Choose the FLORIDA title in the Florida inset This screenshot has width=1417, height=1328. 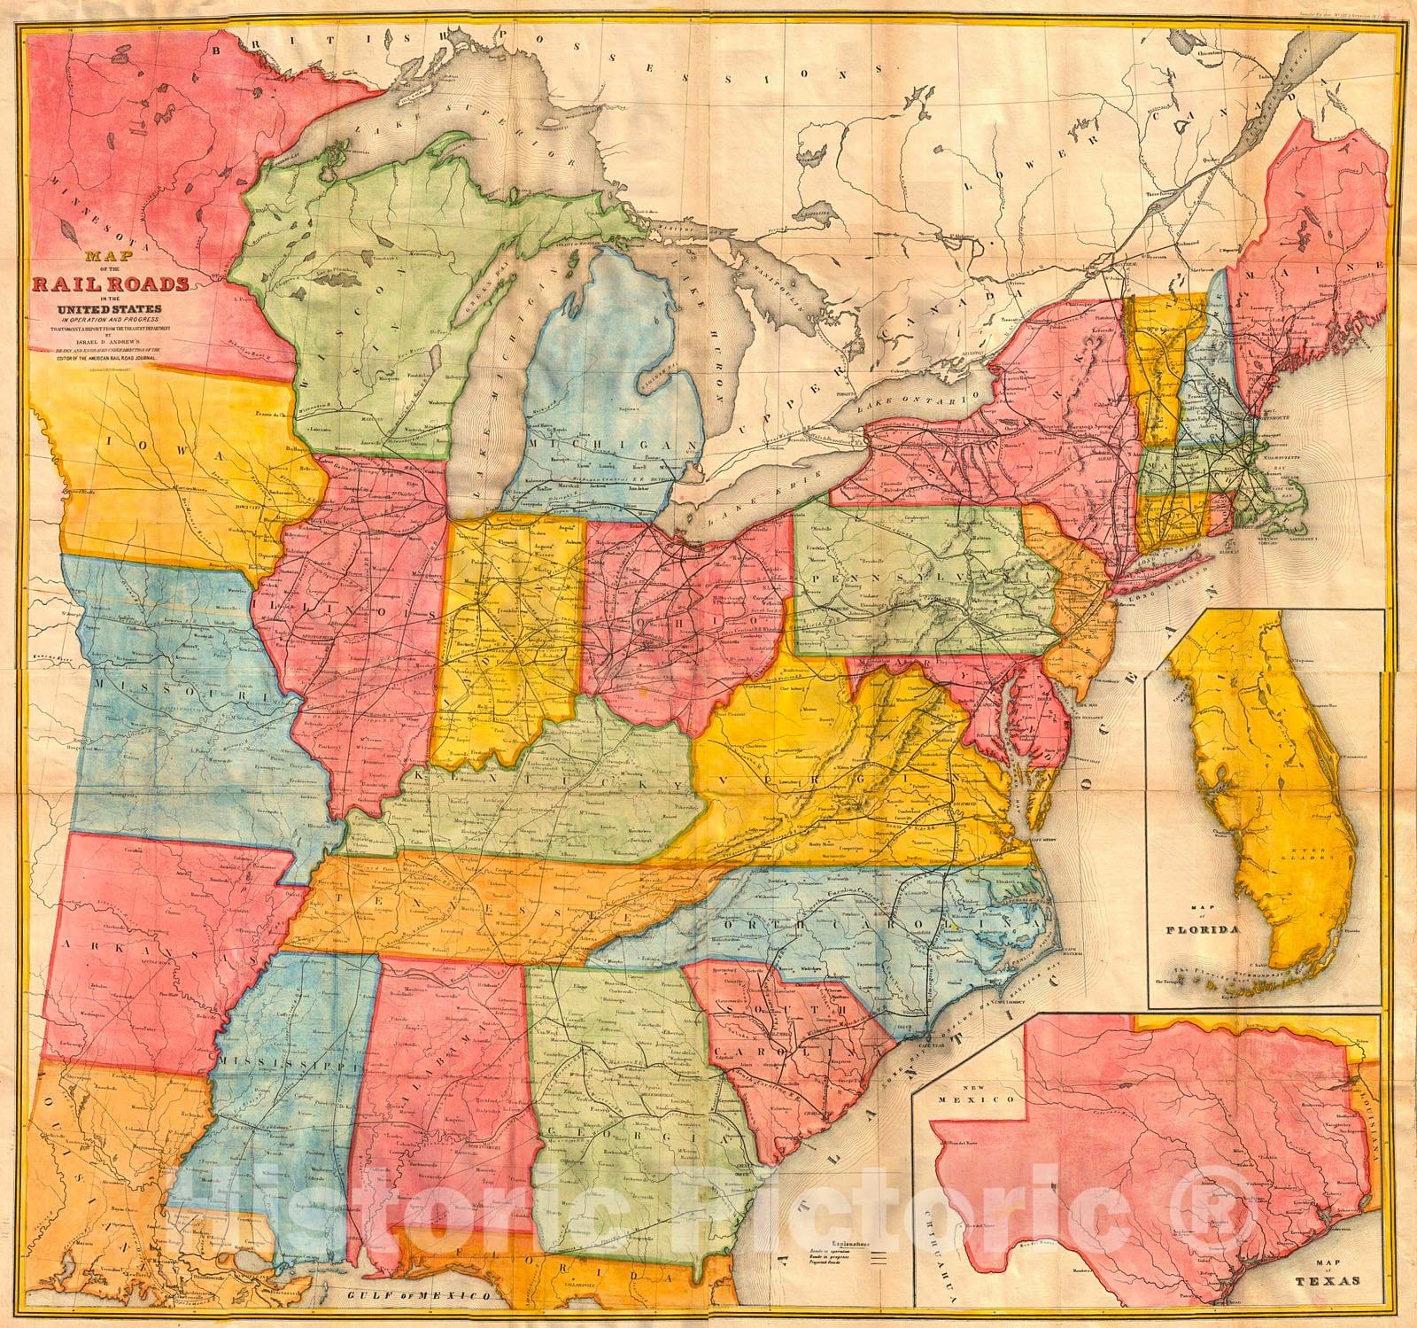point(1224,930)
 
